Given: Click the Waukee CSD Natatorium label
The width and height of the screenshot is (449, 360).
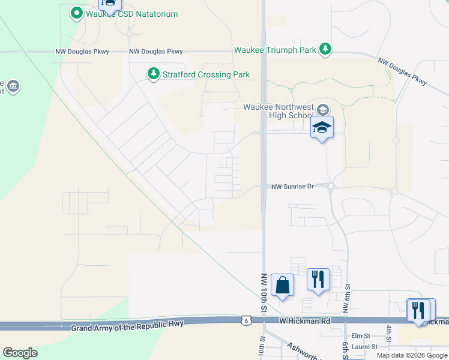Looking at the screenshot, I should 131,13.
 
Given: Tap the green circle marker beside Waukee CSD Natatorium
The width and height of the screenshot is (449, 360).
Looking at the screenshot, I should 76,13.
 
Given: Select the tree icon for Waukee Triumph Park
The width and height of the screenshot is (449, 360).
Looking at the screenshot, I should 325,49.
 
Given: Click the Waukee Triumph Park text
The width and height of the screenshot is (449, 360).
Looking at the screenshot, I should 276,50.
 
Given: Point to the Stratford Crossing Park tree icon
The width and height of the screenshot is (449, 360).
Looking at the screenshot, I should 154,74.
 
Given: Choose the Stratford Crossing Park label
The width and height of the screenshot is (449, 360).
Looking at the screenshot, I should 206,75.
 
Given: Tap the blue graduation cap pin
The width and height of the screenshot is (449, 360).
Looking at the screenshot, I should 322,127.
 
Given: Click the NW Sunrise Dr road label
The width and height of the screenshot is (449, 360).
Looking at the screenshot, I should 293,187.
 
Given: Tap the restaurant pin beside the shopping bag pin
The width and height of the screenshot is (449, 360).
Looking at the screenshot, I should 318,279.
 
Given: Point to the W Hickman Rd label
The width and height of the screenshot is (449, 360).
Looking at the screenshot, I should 305,321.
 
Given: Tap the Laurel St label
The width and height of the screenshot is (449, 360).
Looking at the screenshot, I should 364,347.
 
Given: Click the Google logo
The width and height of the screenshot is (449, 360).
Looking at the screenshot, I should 20,353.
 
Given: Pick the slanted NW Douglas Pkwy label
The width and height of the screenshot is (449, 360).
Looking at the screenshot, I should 402,71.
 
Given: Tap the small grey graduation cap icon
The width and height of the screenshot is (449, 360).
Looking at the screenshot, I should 323,109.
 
